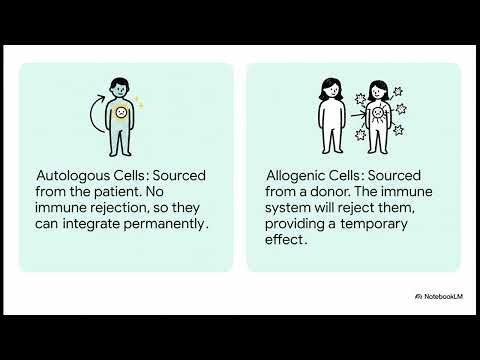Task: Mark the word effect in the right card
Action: coord(286,240)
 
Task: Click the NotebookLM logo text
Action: coord(441,296)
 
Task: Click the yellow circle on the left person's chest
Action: coord(121,113)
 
